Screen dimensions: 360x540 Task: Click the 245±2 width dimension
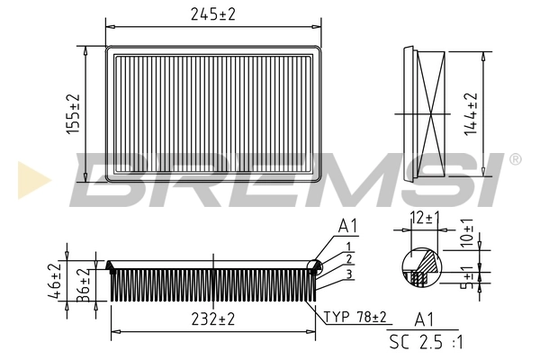tap(212, 13)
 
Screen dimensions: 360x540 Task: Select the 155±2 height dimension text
tap(74, 113)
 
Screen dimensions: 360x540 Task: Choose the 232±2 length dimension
tap(212, 318)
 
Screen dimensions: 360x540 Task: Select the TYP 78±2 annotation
tap(355, 317)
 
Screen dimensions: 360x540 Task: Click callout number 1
tap(347, 245)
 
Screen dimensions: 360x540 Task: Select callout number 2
tap(347, 259)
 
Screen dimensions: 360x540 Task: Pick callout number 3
tap(347, 273)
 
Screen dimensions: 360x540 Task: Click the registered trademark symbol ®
tap(515, 160)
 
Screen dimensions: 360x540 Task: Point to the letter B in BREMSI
tap(112, 180)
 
